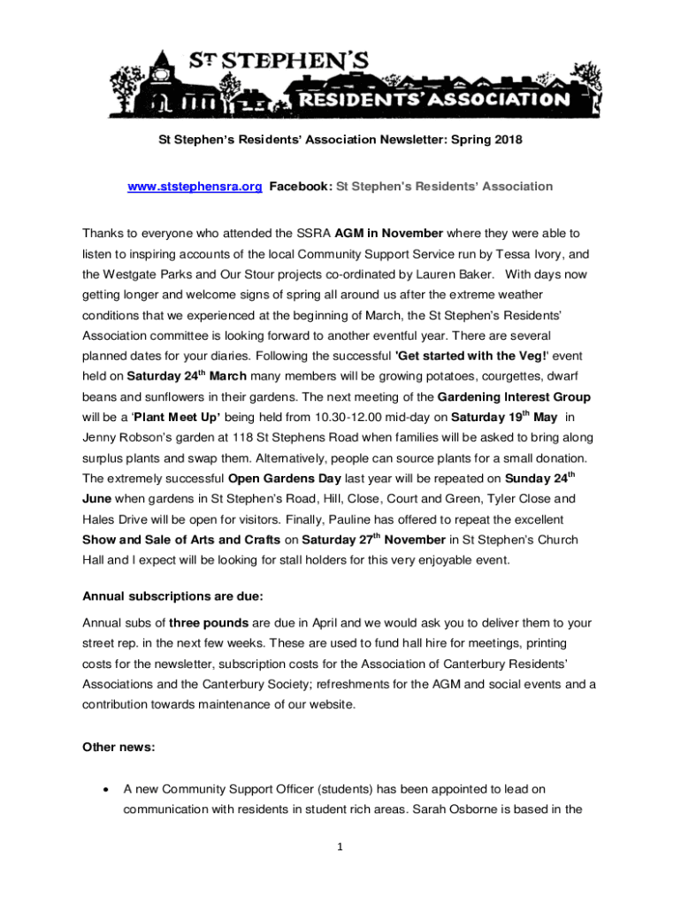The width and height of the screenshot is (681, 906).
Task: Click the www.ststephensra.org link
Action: coord(195,187)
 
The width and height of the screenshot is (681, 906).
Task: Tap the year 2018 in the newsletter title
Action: coord(508,140)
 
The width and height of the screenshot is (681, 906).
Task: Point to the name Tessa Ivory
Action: coord(516,254)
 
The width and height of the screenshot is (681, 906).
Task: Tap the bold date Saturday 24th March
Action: coord(172,376)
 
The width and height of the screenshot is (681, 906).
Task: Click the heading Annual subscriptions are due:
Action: coord(172,595)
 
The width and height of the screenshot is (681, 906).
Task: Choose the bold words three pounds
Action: coord(210,622)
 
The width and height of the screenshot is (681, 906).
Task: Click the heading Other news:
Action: coord(119,747)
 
